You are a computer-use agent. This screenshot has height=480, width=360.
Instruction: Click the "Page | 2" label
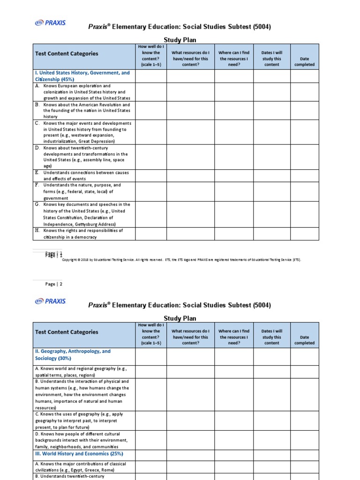tap(53, 284)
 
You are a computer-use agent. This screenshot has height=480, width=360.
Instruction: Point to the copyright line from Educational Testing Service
tap(181, 260)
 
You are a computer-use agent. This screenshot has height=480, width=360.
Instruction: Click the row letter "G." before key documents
tap(37, 204)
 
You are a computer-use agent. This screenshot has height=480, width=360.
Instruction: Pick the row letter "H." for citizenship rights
tap(37, 231)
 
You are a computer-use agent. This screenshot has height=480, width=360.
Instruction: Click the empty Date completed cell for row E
tap(304, 175)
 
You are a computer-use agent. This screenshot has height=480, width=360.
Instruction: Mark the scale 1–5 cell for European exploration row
tap(150, 92)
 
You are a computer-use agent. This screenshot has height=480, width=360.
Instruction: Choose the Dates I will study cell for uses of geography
tap(271, 420)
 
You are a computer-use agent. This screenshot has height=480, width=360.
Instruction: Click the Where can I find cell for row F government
tap(234, 191)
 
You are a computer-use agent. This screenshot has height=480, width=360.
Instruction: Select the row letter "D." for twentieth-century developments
tap(37, 148)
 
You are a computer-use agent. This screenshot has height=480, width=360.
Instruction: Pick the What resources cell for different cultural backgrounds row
tap(190, 440)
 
